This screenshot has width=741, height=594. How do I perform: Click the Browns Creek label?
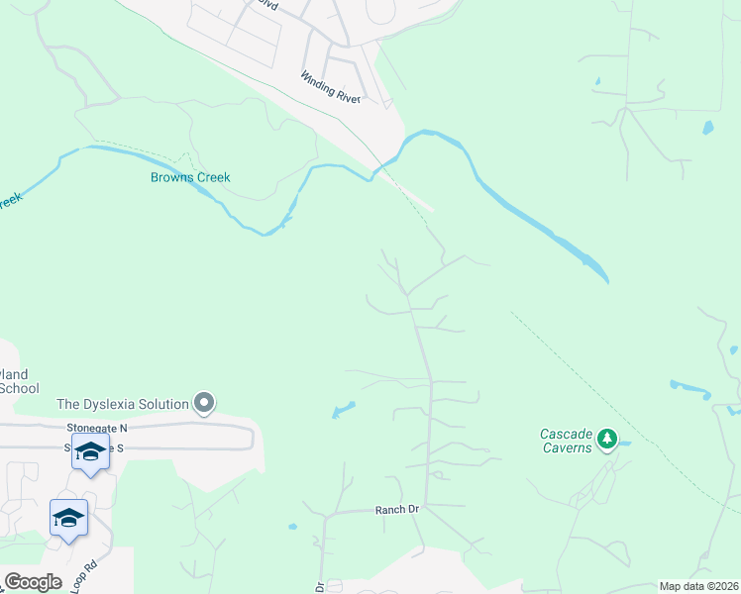point(190,178)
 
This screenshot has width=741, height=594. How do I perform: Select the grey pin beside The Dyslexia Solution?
point(204,403)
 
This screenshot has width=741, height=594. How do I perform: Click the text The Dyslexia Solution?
point(123,404)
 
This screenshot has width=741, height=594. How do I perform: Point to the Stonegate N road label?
point(97,428)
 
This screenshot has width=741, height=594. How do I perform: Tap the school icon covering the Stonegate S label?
point(90,452)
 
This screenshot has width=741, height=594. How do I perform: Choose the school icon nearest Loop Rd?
point(68,518)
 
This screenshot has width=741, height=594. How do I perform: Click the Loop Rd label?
point(85,577)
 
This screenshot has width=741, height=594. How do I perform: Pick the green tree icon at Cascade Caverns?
point(608,438)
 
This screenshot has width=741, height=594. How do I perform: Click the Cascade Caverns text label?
point(567,441)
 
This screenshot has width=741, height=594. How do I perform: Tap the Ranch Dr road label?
point(397,510)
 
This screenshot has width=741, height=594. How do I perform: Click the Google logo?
point(33,582)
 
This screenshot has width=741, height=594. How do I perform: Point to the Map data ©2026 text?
point(697,586)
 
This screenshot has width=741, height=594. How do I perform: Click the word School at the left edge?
point(20,388)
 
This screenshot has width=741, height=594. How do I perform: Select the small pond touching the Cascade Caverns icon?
point(624,444)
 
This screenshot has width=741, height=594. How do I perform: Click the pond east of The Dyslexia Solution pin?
point(343,409)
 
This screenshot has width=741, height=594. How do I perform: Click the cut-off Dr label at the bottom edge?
point(320,587)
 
